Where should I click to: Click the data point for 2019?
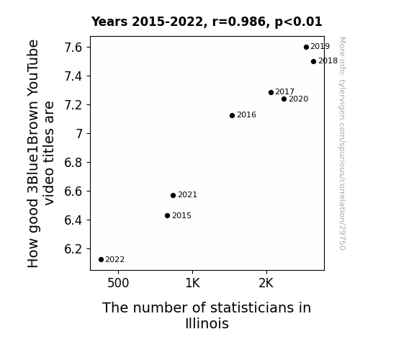(x=306, y=48)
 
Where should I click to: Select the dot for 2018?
(x=313, y=61)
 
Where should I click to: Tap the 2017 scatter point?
(x=271, y=92)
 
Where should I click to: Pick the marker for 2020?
(x=284, y=99)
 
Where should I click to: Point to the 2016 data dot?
(x=232, y=115)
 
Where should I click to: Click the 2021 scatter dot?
(x=173, y=195)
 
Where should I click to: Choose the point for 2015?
(x=167, y=216)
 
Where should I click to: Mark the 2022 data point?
(x=101, y=260)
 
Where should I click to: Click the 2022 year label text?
(x=115, y=260)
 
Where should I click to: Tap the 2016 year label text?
(x=247, y=115)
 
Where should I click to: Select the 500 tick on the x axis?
(x=118, y=283)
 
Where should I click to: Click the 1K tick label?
(x=192, y=283)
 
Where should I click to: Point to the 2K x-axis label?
(x=266, y=283)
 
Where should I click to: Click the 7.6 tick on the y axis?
(x=73, y=48)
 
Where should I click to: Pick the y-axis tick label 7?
(x=79, y=134)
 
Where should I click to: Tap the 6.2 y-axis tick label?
(x=73, y=249)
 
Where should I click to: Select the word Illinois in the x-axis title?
(x=207, y=323)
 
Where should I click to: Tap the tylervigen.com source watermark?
(x=342, y=143)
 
